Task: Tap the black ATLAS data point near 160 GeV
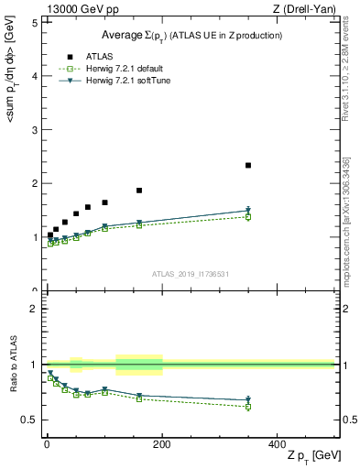pos(139,191)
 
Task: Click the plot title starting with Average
pos(191,35)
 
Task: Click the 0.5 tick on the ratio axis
pos(29,420)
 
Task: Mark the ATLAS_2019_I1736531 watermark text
pos(191,274)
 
